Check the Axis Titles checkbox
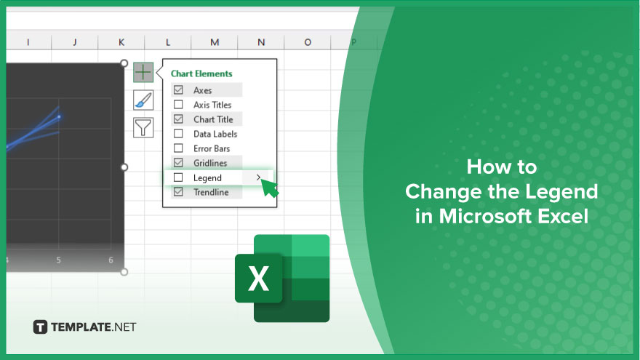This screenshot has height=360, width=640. tap(178, 105)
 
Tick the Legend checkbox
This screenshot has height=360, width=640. tap(178, 177)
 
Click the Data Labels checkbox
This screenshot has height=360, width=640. tap(178, 134)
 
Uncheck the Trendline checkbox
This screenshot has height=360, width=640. tap(178, 192)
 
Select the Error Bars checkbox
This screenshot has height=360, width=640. tap(178, 148)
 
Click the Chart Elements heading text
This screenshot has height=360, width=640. tap(201, 74)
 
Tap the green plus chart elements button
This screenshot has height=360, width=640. tap(143, 72)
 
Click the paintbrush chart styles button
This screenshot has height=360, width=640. tap(143, 100)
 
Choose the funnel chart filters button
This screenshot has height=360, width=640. tap(143, 127)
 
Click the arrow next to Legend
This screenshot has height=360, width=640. tap(258, 177)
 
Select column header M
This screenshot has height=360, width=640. tap(215, 42)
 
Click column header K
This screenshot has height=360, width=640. tap(121, 42)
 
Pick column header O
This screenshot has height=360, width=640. tap(308, 42)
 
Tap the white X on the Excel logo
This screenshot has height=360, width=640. tap(258, 279)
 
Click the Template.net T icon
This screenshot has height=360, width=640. tap(40, 327)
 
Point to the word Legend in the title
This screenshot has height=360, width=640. tap(561, 192)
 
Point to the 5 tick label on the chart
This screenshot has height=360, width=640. tap(59, 260)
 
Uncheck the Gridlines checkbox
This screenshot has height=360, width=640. tap(178, 162)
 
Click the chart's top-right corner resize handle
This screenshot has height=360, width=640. tap(124, 63)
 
